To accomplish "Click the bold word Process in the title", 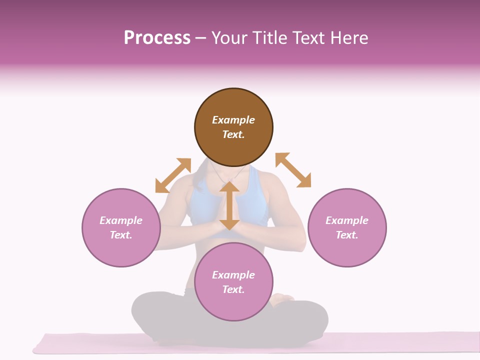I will (x=157, y=38).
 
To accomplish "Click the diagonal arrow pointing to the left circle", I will (x=173, y=175).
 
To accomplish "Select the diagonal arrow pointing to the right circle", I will (x=293, y=170).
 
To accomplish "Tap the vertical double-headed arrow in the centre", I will (x=229, y=205).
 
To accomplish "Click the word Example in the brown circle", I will (x=233, y=120).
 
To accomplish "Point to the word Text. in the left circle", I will (x=121, y=235).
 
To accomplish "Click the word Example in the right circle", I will (x=347, y=220).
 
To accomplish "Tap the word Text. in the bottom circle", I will (x=233, y=289).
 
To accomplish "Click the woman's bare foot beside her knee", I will (x=282, y=298).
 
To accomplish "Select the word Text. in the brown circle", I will (x=233, y=134).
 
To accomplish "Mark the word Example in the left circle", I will (x=121, y=220).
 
